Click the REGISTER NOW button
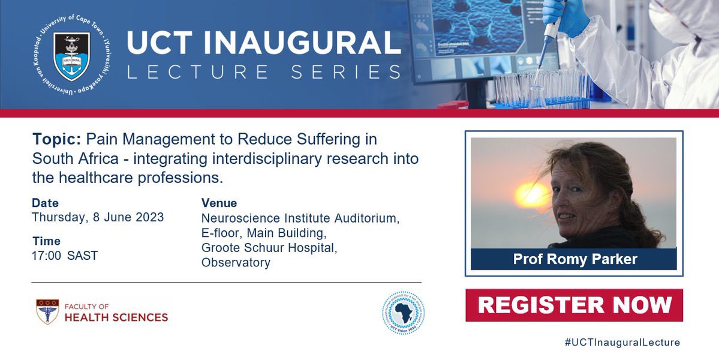[x=574, y=305]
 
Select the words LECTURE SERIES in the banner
[x=264, y=73]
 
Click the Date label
[x=46, y=203]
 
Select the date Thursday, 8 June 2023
[x=98, y=217]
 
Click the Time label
[x=46, y=241]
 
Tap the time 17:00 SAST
[x=65, y=256]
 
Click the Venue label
[x=219, y=203]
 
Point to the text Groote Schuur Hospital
[x=268, y=248]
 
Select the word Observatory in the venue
[x=236, y=263]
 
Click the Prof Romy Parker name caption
[x=574, y=259]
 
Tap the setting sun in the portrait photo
[x=531, y=194]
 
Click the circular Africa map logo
[x=403, y=313]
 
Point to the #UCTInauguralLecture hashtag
[x=622, y=343]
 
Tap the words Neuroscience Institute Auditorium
[x=300, y=218]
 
